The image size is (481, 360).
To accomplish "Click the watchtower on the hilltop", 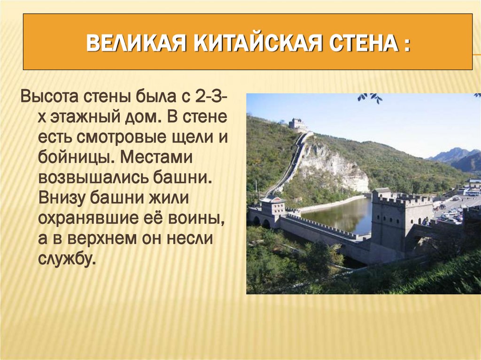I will tap(297, 124).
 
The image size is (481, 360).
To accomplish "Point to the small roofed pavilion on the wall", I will tap(272, 205).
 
